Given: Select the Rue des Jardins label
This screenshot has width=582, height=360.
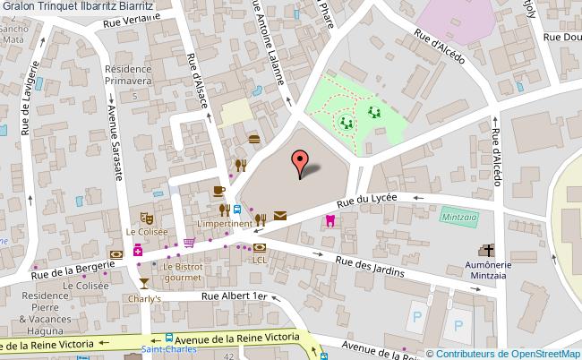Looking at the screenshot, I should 370,265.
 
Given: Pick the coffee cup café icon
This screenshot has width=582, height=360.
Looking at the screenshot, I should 218,191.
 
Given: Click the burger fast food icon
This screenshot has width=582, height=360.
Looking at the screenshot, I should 255,138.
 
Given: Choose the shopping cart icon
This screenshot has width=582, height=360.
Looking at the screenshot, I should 189,242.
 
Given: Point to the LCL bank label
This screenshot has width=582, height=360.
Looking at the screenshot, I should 260,260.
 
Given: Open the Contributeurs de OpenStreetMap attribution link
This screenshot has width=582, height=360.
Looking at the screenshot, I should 507,352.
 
